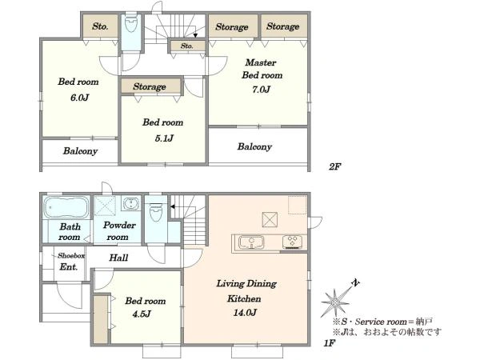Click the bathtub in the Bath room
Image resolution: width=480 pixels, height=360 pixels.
click(x=66, y=207)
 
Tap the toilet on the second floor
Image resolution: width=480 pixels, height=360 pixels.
click(x=131, y=23)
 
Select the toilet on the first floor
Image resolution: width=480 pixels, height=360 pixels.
click(x=156, y=211)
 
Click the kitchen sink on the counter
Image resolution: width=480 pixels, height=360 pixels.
click(x=251, y=242)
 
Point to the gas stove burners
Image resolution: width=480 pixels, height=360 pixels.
click(x=292, y=242)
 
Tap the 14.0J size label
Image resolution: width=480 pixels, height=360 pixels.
click(x=245, y=313)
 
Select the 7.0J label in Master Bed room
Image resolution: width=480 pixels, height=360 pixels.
click(x=261, y=90)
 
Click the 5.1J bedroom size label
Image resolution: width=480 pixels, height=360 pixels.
click(x=164, y=138)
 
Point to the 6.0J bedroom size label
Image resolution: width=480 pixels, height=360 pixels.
click(x=79, y=98)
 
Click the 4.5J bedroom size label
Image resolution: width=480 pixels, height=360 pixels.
click(x=142, y=314)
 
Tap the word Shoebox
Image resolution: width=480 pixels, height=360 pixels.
click(x=71, y=255)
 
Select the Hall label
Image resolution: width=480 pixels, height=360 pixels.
click(x=118, y=258)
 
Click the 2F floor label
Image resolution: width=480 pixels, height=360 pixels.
click(x=335, y=167)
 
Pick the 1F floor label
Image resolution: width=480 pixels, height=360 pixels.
click(x=330, y=343)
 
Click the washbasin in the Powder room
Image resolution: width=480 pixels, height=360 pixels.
click(x=131, y=203)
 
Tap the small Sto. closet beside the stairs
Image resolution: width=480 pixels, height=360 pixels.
click(x=187, y=46)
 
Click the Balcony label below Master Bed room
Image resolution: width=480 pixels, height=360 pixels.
click(x=254, y=146)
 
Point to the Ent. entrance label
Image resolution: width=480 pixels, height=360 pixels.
click(x=69, y=266)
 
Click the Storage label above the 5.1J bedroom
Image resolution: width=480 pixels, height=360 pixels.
click(x=150, y=86)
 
